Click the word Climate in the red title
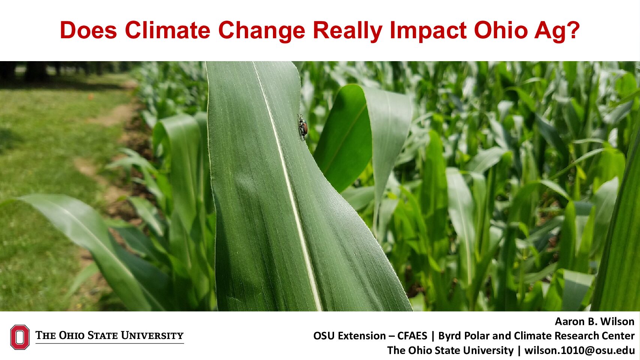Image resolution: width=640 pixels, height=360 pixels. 168,30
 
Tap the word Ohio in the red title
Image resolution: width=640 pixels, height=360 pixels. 501,30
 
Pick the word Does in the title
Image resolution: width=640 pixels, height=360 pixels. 88,30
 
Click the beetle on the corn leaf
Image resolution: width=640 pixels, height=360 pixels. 303,127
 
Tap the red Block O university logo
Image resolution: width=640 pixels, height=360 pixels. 20,337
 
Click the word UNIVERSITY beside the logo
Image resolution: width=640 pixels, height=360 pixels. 152,335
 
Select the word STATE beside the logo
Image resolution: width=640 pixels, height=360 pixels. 103,335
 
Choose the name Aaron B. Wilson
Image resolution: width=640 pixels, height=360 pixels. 595,322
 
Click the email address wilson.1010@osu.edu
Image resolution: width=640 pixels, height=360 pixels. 579,350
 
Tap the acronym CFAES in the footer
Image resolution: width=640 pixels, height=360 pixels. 412,336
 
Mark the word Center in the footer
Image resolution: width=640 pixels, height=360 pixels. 618,336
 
